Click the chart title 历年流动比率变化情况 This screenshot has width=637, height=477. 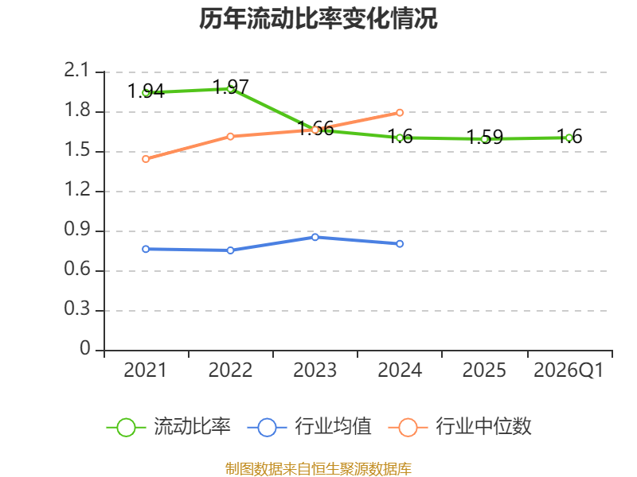pos(318,18)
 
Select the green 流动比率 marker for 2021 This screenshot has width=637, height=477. pos(146,93)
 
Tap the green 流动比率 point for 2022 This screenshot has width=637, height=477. pos(230,89)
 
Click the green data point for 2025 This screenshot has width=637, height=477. pos(484,139)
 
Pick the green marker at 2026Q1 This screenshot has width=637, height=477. pos(569,138)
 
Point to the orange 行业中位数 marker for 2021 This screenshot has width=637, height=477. pos(146,159)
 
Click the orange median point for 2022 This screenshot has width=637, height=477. pos(230,136)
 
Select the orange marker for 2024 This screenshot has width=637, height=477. pos(400,112)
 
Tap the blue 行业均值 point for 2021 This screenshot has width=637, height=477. pos(146,249)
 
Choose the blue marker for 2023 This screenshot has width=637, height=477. pos(315,237)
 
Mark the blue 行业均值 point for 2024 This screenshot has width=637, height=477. pos(400,244)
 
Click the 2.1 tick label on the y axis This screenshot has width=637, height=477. pos(76,71)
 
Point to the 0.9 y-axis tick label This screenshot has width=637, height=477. pos(77,230)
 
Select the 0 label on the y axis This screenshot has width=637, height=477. pos(85,348)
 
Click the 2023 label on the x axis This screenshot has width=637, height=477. pos(315,370)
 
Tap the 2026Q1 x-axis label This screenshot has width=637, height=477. pos(569,370)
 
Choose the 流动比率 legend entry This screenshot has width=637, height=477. pos(169,427)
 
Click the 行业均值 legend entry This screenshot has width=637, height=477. pos(309,427)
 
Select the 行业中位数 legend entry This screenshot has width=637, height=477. pos(460,427)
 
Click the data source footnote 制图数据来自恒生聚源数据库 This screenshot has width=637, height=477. pos(318,469)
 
